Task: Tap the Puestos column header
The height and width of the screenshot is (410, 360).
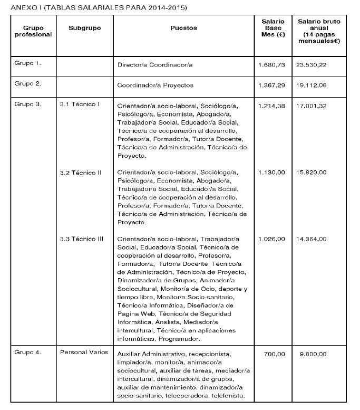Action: tap(184, 28)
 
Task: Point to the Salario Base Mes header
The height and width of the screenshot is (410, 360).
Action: tap(273, 28)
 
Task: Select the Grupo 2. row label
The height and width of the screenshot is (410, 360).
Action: tap(27, 84)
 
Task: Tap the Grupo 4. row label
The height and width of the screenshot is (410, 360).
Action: tap(27, 352)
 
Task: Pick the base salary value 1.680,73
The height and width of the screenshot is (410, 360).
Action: tap(272, 64)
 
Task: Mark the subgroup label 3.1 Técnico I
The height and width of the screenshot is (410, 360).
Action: tap(80, 104)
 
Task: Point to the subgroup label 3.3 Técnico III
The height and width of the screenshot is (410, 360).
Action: tap(82, 239)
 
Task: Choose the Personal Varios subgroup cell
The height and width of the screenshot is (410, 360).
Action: tap(84, 352)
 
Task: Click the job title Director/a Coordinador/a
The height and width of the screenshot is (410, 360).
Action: tap(155, 65)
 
